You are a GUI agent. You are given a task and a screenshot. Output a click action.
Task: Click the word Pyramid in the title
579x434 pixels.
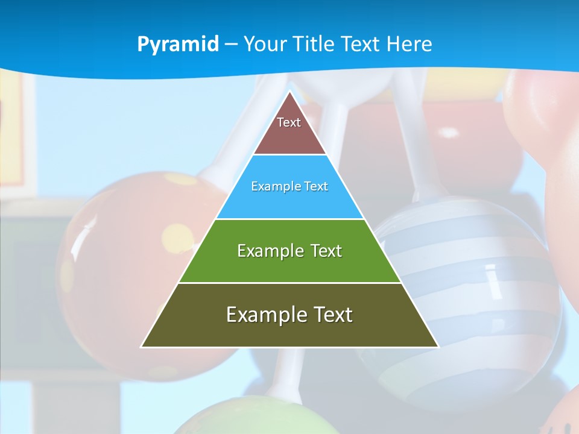pyautogui.click(x=178, y=45)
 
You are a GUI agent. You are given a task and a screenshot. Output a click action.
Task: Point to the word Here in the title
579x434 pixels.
pyautogui.click(x=410, y=44)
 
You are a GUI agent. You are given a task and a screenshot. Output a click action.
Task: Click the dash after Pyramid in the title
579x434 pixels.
pyautogui.click(x=231, y=45)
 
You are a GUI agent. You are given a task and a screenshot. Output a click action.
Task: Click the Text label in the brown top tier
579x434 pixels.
pyautogui.click(x=289, y=122)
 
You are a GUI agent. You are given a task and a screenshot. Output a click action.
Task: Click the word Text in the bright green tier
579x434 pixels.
pyautogui.click(x=326, y=251)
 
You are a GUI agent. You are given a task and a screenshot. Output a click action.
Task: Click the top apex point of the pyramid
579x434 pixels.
pyautogui.click(x=289, y=92)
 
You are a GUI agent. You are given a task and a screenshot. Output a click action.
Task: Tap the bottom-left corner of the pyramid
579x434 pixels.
pyautogui.click(x=142, y=347)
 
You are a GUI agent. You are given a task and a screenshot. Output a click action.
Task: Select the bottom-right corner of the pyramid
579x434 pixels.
pyautogui.click(x=438, y=347)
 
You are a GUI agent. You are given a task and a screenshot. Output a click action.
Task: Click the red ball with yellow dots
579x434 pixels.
pyautogui.click(x=121, y=253)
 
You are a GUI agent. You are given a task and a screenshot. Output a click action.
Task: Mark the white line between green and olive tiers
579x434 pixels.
pyautogui.click(x=289, y=283)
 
